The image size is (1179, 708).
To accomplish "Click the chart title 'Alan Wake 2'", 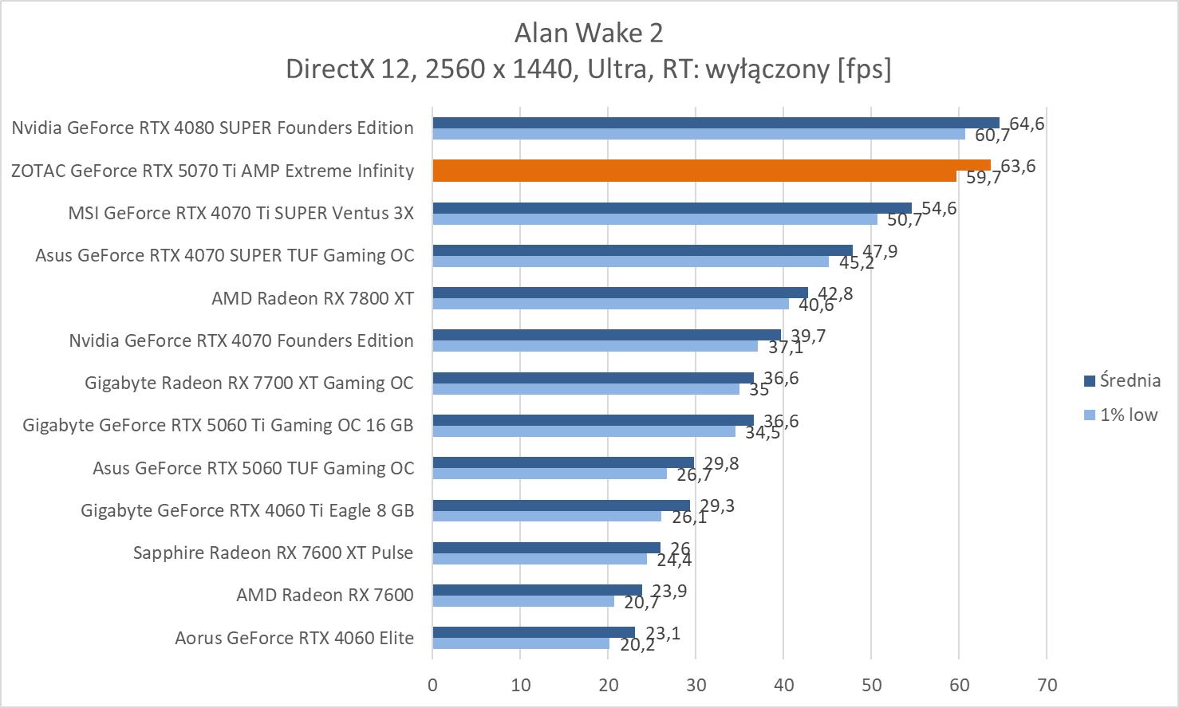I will (589, 33).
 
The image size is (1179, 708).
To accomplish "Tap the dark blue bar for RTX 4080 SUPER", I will (716, 123).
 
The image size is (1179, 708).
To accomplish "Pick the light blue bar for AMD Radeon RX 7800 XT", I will (610, 304).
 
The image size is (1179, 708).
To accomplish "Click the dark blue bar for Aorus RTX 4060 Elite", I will (534, 632).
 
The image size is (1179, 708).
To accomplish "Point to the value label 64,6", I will (1027, 124).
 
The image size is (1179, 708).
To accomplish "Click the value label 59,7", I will (983, 178).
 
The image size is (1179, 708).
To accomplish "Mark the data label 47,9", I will (880, 252).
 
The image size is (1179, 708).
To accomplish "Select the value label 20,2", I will (637, 645).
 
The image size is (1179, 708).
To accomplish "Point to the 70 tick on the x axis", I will (1047, 685).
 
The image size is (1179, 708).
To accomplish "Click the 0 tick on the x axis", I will (432, 685).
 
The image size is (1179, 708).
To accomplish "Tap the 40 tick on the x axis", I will (783, 685).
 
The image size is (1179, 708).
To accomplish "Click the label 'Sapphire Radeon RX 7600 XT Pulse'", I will (273, 553).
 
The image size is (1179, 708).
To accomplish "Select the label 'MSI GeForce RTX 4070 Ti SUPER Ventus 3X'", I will (241, 213).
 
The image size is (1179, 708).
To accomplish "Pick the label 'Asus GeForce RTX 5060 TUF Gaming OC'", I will (253, 468).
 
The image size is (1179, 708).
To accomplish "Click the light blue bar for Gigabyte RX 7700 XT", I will (586, 389).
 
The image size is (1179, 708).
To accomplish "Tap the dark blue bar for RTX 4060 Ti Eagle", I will (561, 505).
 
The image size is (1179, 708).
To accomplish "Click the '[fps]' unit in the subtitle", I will (864, 69).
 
